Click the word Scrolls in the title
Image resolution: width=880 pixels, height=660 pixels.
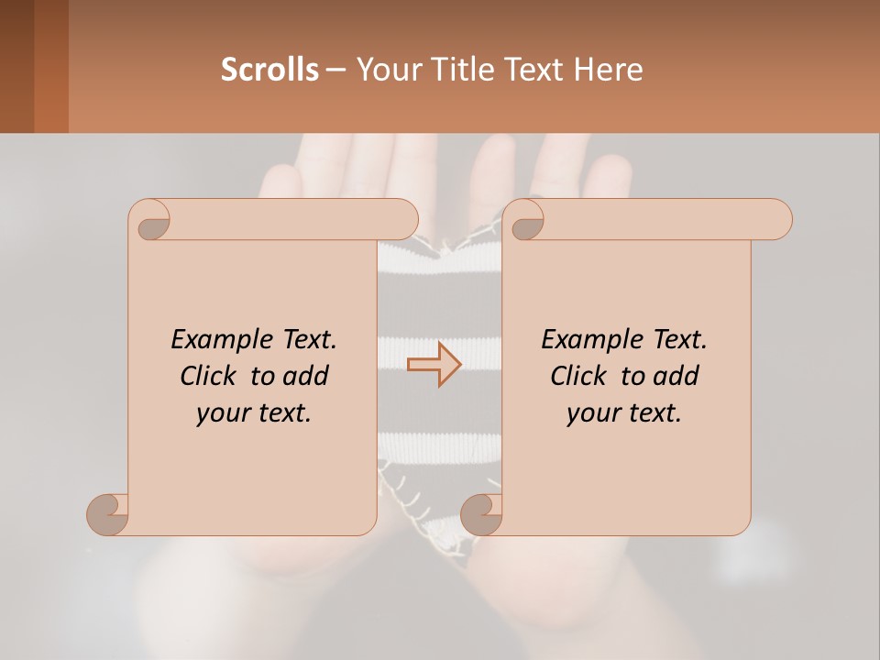pyautogui.click(x=269, y=70)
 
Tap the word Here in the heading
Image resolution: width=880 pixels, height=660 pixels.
pyautogui.click(x=608, y=70)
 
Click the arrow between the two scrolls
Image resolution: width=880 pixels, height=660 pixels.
pyautogui.click(x=434, y=365)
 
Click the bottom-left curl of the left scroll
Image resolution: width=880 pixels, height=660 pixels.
pyautogui.click(x=107, y=512)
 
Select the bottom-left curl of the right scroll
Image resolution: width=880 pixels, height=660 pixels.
pyautogui.click(x=481, y=512)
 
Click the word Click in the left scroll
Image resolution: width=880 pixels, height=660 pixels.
pyautogui.click(x=209, y=376)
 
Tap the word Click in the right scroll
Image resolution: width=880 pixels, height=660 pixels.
pyautogui.click(x=579, y=376)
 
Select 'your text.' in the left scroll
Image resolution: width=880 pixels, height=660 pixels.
pyautogui.click(x=254, y=413)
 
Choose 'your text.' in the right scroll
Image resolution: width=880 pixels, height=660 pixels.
pyautogui.click(x=624, y=413)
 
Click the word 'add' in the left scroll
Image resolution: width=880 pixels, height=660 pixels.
pyautogui.click(x=305, y=376)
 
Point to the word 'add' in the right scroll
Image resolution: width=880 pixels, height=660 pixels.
pyautogui.click(x=676, y=376)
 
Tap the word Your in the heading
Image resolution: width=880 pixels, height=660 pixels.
pyautogui.click(x=382, y=70)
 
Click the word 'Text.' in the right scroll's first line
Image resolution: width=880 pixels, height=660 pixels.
pyautogui.click(x=679, y=339)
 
